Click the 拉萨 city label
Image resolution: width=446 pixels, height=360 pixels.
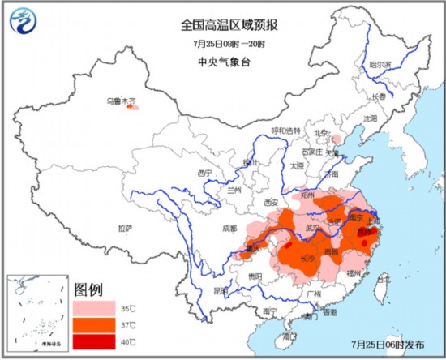tap(124, 228)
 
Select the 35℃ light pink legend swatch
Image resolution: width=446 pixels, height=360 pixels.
tap(93, 310)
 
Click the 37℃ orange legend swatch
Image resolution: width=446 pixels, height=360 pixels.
tap(93, 326)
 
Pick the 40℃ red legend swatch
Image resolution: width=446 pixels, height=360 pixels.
tap(93, 342)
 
